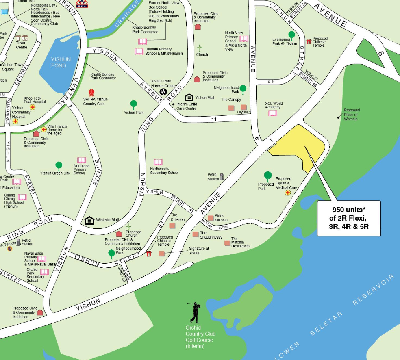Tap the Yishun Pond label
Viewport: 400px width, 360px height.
click(x=61, y=62)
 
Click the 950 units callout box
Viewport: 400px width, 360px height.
click(x=348, y=218)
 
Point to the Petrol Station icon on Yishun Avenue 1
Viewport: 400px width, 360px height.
click(x=222, y=176)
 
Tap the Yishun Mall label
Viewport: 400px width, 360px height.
click(x=204, y=98)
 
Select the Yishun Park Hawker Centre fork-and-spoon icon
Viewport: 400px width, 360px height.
click(x=163, y=92)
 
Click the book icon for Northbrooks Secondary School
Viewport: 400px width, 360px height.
click(x=158, y=162)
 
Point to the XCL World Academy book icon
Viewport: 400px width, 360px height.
click(x=273, y=113)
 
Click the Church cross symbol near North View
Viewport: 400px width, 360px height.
click(x=200, y=48)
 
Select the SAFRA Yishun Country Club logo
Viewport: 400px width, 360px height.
click(x=91, y=92)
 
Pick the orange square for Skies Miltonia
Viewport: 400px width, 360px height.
click(x=211, y=218)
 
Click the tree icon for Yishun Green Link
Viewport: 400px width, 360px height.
click(x=59, y=165)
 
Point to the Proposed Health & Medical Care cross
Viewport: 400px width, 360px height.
click(x=288, y=192)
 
